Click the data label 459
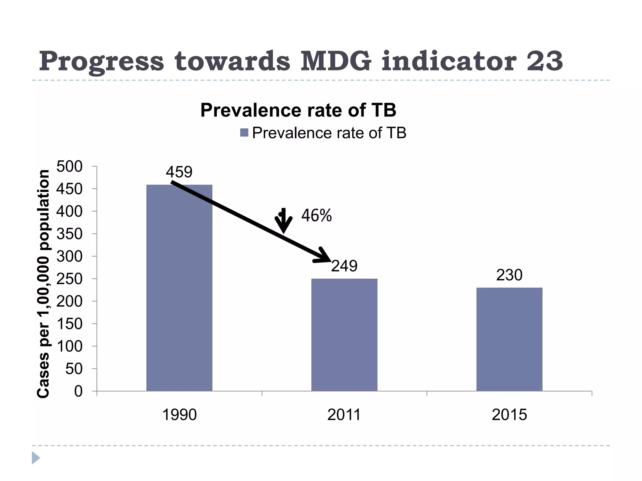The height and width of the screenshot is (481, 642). coord(179,172)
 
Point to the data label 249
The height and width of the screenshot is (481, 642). coord(344,266)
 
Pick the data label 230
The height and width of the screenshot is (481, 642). coord(509,275)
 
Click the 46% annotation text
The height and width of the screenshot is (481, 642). coord(316,215)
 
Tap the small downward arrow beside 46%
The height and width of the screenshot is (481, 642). coord(283,220)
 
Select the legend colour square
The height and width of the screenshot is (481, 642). coord(244,133)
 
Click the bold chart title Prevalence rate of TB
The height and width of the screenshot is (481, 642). coord(298,110)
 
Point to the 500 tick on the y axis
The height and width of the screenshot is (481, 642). coord(69,166)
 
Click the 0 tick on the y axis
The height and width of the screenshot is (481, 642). coord(78,391)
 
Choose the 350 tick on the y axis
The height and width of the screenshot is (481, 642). coord(69,234)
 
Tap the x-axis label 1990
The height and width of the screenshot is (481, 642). coord(179,415)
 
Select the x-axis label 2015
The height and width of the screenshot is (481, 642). coord(509,415)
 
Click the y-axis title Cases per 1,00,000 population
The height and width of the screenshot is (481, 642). coord(43,283)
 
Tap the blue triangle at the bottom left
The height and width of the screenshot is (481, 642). coord(35,458)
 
